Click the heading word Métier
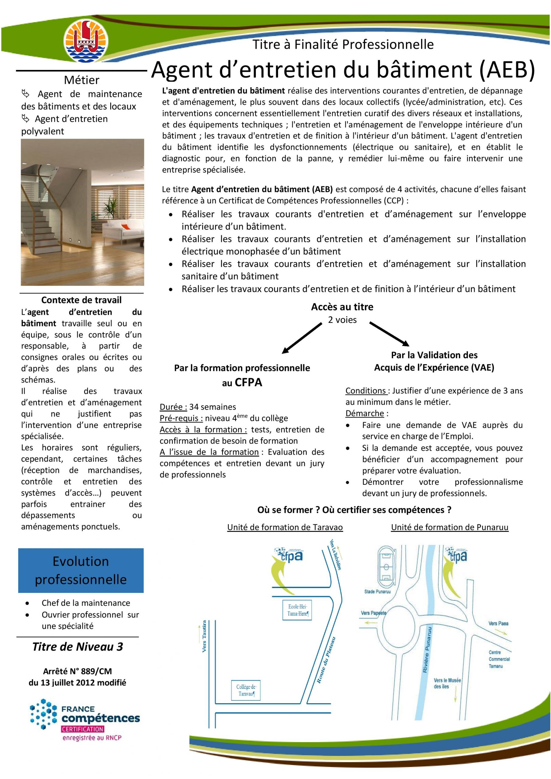click(x=82, y=80)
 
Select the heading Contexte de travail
click(x=82, y=300)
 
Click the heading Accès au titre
click(x=342, y=307)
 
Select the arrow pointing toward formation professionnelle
click(x=302, y=338)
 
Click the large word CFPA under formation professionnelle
click(x=248, y=383)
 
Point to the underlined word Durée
click(x=173, y=407)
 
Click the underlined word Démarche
click(x=365, y=413)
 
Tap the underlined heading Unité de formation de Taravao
click(x=285, y=527)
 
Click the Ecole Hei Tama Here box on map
click(x=297, y=610)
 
